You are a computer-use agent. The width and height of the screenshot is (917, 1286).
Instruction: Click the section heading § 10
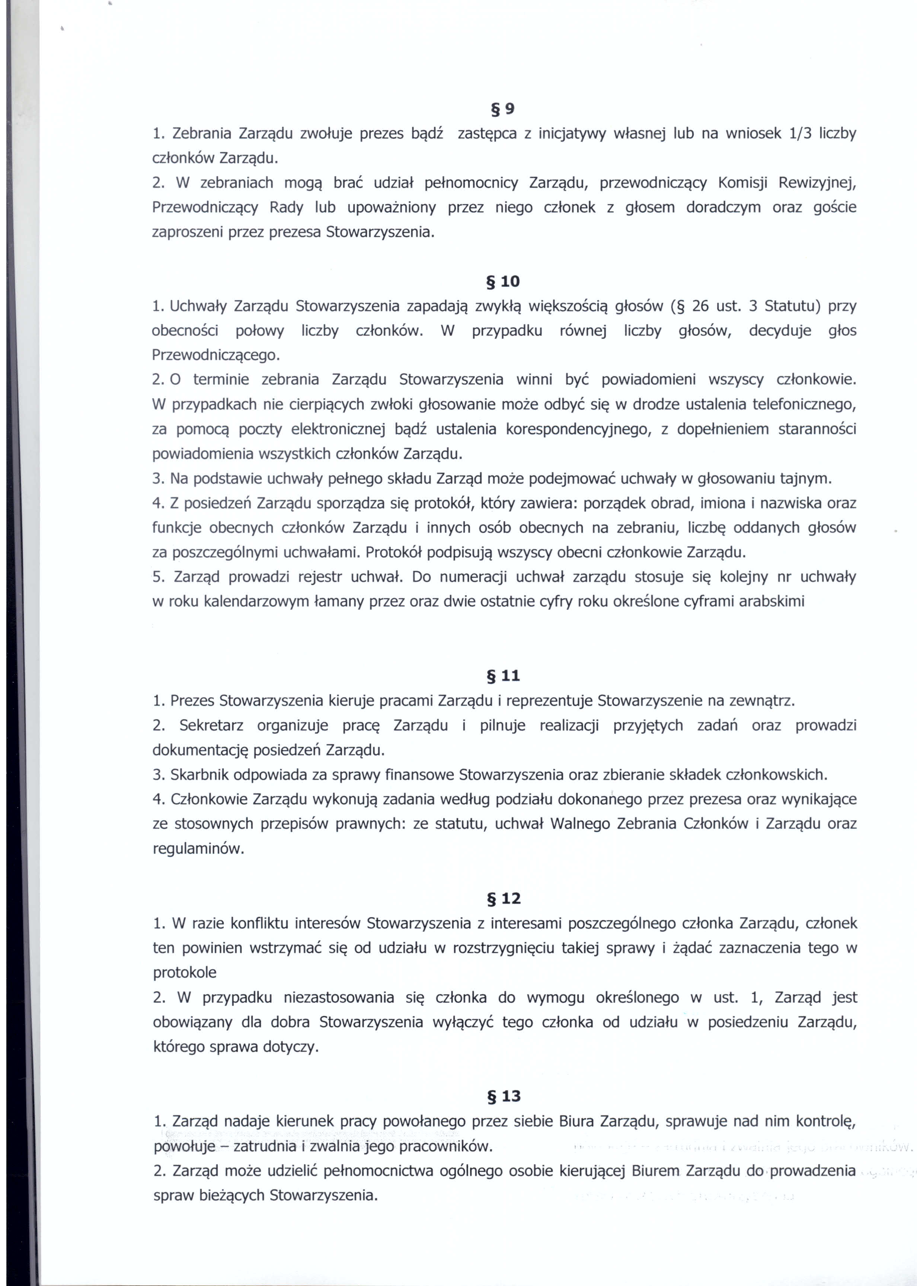point(502,281)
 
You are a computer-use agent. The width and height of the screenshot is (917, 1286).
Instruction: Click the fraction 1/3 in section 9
point(799,134)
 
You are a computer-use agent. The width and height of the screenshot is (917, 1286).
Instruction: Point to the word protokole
point(185,973)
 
